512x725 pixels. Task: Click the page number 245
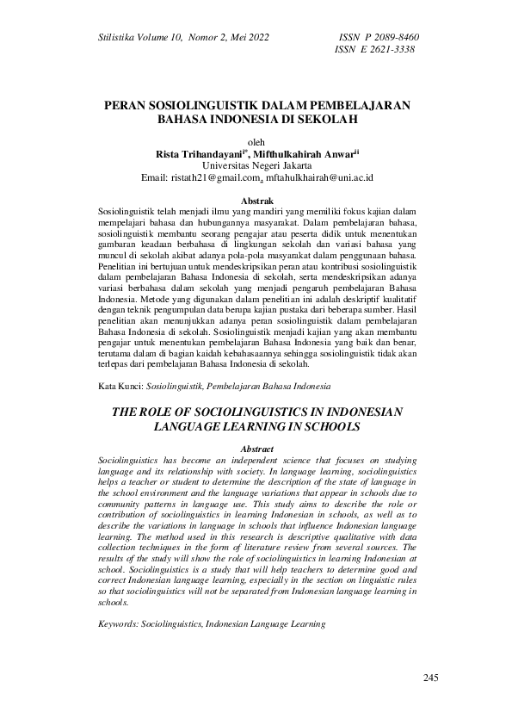pos(431,679)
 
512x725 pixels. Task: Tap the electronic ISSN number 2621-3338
pos(386,50)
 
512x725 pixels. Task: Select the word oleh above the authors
pos(256,142)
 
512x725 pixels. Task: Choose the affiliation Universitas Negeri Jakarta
pos(256,166)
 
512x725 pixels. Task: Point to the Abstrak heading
pos(256,201)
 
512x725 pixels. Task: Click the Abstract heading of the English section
pos(256,449)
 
